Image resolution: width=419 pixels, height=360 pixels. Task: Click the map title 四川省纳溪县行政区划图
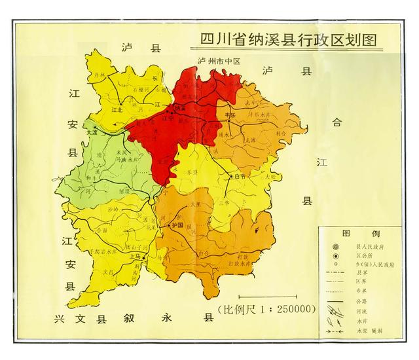pyautogui.click(x=289, y=40)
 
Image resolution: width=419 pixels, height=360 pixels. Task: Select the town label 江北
pyautogui.click(x=118, y=111)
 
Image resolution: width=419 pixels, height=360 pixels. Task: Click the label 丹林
pyautogui.click(x=100, y=75)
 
